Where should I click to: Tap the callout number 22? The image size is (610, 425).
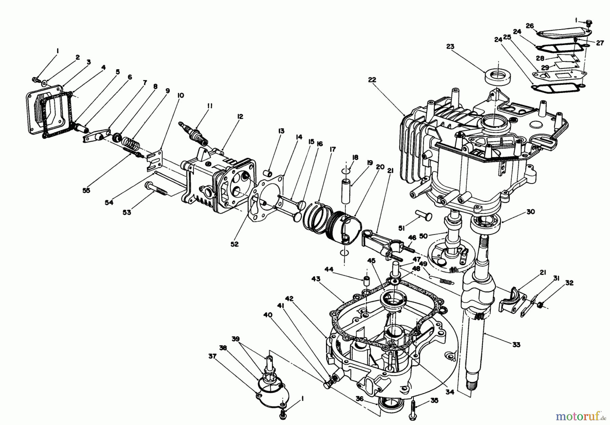pos(372,80)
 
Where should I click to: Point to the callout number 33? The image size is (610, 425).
pos(516,345)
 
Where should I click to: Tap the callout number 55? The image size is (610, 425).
pos(86,190)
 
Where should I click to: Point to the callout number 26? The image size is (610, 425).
pos(530,25)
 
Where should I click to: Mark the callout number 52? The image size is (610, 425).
pos(234,244)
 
